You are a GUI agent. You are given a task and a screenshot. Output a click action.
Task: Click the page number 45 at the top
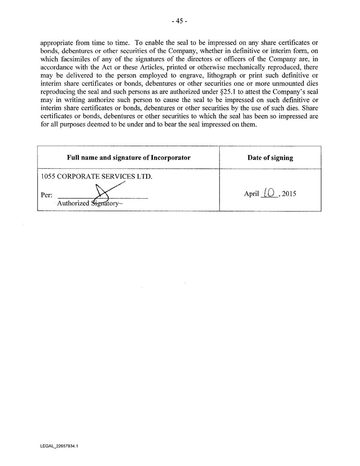coord(180,21)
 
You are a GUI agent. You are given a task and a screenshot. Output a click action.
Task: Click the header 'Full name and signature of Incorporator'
coord(129,158)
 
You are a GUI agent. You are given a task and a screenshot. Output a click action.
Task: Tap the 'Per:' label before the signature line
coord(46,195)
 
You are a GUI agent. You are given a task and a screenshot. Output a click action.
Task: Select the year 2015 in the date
coord(289,194)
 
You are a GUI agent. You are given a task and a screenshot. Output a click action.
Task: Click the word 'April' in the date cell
coord(251,194)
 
